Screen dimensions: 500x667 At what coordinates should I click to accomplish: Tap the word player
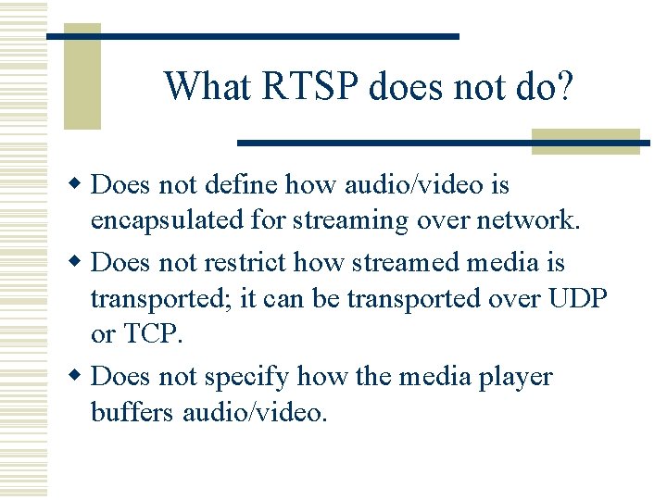514,377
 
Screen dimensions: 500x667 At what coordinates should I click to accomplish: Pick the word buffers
130,413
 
